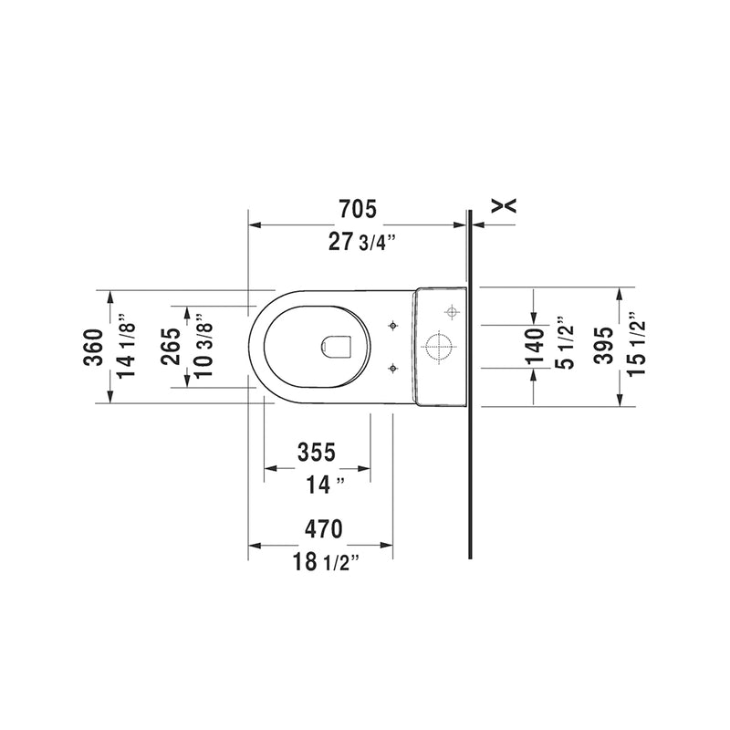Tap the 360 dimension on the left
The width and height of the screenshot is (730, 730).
[x=93, y=347]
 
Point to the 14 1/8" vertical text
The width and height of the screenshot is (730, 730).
[x=125, y=347]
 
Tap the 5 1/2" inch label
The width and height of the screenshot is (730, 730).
[x=566, y=347]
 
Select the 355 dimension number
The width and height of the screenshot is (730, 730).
[x=318, y=452]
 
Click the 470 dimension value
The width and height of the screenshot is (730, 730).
[x=322, y=528]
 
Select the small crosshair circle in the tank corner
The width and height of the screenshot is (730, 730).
[x=450, y=312]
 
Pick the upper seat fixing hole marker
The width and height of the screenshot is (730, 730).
[x=393, y=326]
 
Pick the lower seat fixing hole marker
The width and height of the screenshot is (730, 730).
[x=393, y=368]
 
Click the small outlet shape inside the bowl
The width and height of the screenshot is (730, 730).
[x=339, y=345]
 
